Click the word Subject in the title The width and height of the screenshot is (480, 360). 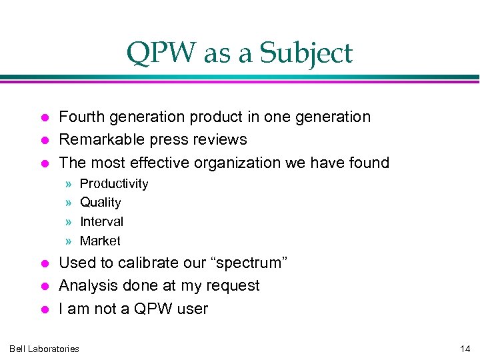click(309, 53)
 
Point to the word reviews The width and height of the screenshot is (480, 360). click(219, 140)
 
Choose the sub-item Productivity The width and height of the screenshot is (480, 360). click(114, 184)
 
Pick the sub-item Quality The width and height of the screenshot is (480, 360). click(100, 203)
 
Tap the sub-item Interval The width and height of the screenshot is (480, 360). click(101, 221)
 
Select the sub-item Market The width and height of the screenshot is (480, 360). click(100, 241)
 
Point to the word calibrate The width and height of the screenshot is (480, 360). click(145, 263)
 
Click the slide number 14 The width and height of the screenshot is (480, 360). click(465, 349)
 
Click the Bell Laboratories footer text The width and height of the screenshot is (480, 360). click(44, 349)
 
